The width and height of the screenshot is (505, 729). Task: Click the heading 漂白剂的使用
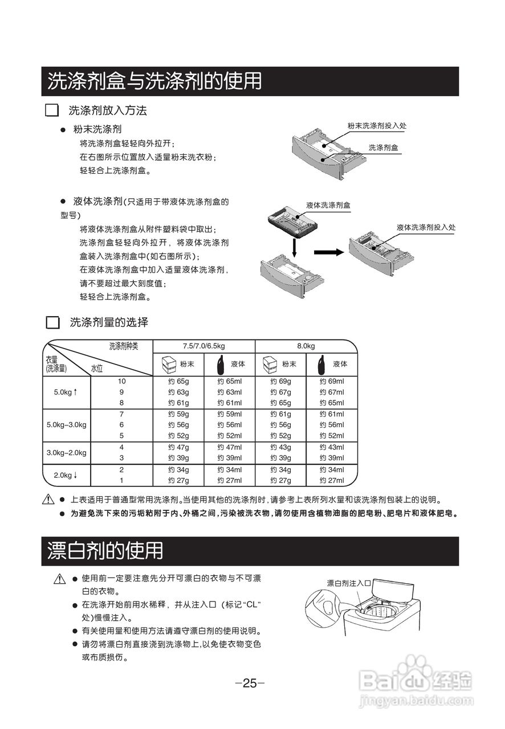coord(105,551)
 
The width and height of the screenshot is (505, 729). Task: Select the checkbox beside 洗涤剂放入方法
coord(52,110)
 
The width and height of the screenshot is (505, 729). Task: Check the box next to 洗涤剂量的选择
coord(52,322)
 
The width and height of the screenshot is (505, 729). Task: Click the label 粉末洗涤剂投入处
coord(376,125)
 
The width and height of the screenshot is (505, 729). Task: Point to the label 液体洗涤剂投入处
coord(426,227)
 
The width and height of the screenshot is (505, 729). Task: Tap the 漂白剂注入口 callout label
coord(349,583)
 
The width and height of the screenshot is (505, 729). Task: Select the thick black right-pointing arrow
coord(329,251)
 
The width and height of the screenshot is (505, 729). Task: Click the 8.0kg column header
coord(306,346)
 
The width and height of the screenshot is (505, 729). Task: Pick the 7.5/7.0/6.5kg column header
coord(203,346)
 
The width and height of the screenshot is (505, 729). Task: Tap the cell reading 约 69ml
coord(332,381)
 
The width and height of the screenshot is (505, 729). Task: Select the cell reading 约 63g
coord(178,392)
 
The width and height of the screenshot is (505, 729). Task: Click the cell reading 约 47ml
coord(229,447)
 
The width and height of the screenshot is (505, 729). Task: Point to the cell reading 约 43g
coord(280,447)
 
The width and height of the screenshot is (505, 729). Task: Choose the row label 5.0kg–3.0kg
coord(67,425)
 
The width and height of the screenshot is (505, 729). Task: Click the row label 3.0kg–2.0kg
coord(67,453)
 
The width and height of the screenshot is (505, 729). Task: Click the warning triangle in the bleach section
coord(60,580)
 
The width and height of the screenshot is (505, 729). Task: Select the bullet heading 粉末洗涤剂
coord(97,130)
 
